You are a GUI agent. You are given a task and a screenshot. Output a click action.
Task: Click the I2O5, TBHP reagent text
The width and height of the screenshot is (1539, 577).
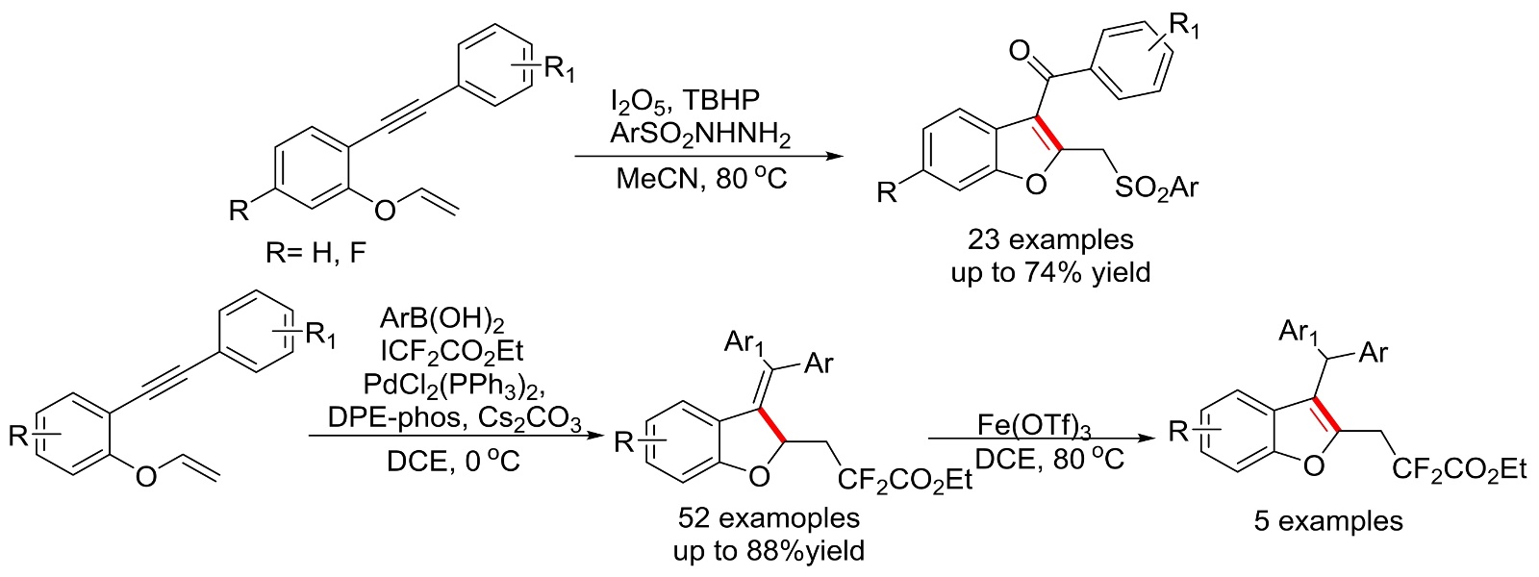point(698,99)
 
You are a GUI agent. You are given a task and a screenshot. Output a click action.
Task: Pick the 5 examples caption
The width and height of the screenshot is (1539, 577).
point(1327,521)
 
